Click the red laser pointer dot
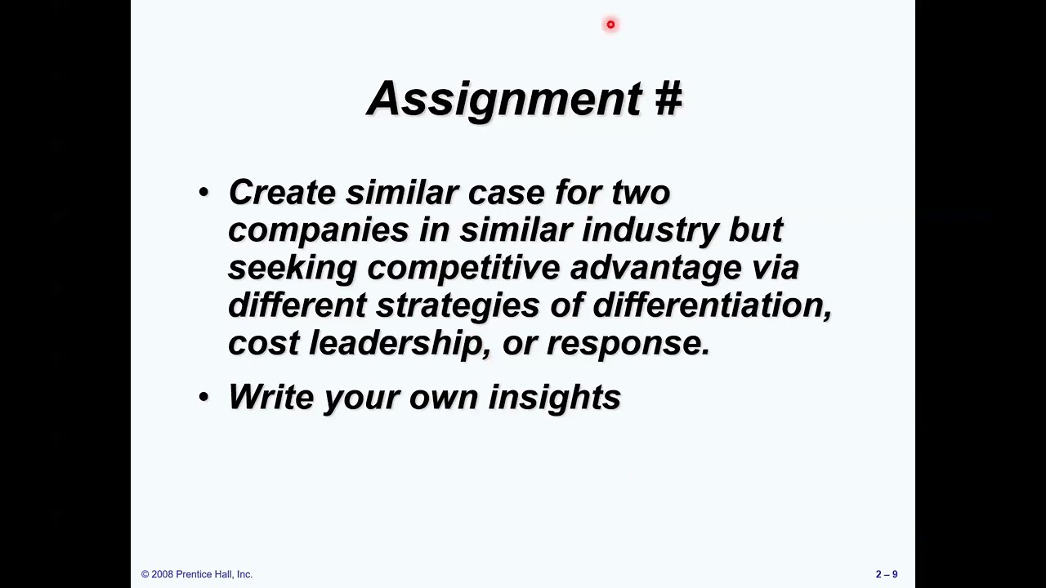(x=610, y=24)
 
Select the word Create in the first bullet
(x=282, y=193)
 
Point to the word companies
(x=318, y=231)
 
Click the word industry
(x=650, y=231)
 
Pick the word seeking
(x=292, y=269)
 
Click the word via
(x=775, y=268)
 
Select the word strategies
(x=458, y=306)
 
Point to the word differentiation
(x=711, y=306)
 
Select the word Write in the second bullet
(x=271, y=398)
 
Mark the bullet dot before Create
(x=203, y=193)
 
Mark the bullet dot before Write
(x=203, y=398)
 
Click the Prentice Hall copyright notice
(x=197, y=574)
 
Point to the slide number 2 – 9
(x=887, y=574)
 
